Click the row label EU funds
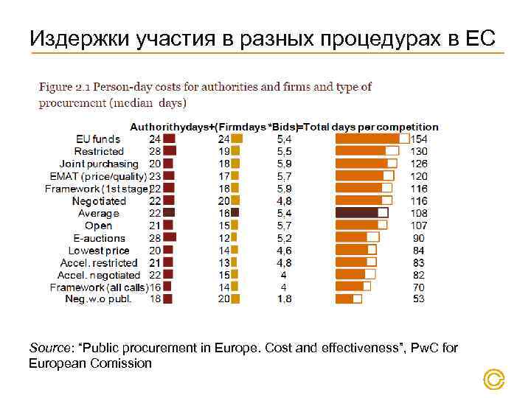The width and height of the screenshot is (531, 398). [97, 139]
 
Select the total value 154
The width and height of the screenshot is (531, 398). [419, 139]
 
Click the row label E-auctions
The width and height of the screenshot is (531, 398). [99, 238]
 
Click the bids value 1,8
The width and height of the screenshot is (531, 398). [283, 299]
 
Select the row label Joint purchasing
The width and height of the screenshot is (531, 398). [99, 164]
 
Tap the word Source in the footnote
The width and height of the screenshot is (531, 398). [48, 348]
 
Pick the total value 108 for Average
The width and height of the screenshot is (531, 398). [419, 213]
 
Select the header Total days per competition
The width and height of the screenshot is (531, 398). [373, 127]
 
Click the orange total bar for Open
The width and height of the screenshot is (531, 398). [356, 226]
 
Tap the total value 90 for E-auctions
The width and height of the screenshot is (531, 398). [419, 238]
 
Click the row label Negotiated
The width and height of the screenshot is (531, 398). [99, 200]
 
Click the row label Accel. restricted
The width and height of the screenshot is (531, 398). [99, 262]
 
